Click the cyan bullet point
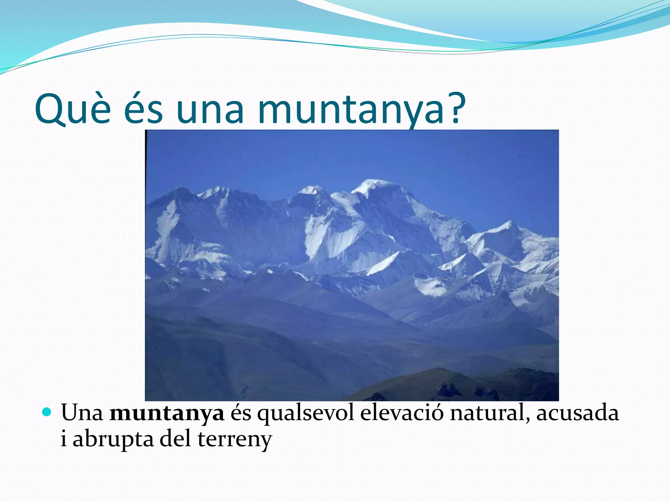coord(47,412)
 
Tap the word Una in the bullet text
coord(82,413)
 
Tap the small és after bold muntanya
coord(241,413)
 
